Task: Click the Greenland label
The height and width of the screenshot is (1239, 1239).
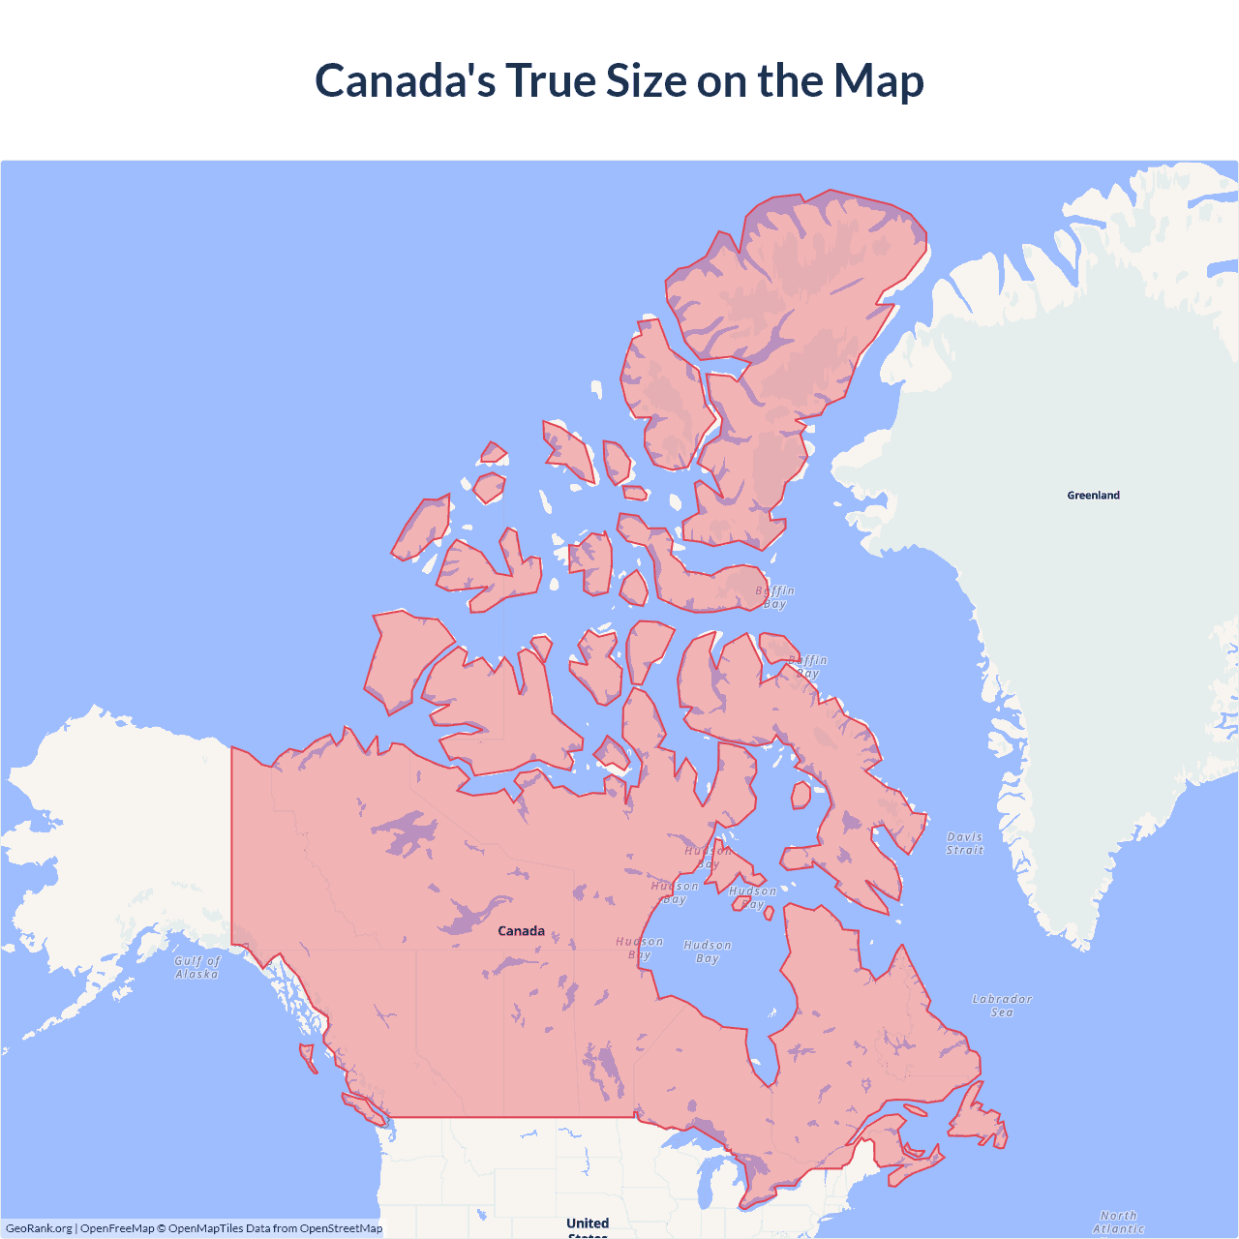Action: (x=1093, y=495)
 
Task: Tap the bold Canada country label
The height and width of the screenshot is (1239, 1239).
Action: (x=521, y=931)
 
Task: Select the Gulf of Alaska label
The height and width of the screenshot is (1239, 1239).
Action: (x=197, y=967)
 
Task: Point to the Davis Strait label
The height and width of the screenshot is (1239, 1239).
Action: (x=964, y=843)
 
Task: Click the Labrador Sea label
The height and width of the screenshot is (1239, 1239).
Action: (x=1002, y=1006)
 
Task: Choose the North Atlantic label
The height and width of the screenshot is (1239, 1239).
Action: (x=1118, y=1222)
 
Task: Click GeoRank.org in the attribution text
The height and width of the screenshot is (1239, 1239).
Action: (x=39, y=1228)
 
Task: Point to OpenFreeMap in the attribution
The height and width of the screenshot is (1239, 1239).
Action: (x=117, y=1228)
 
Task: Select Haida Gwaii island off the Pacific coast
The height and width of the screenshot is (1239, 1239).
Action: (x=308, y=1056)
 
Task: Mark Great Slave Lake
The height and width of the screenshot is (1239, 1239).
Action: (x=469, y=915)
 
